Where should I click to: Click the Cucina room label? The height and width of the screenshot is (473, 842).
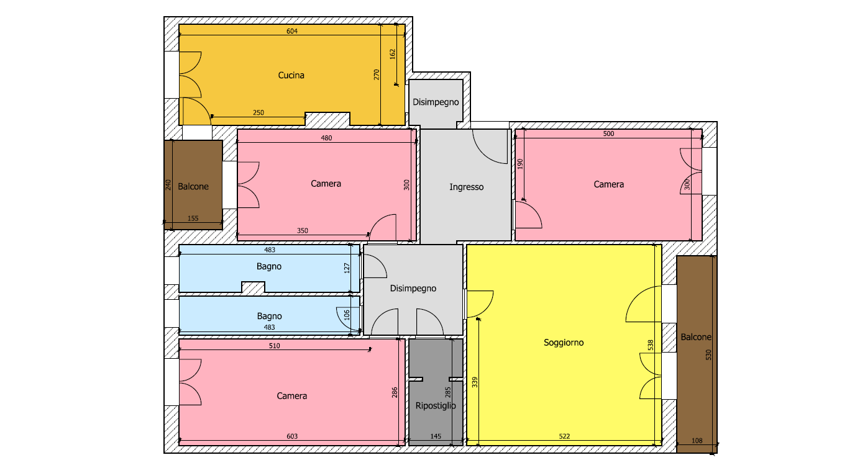[x=291, y=75]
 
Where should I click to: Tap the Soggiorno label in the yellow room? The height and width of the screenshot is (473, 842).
[x=564, y=343]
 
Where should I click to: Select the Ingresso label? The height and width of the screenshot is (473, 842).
[x=466, y=187]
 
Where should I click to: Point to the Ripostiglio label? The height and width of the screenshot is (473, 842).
[x=435, y=405]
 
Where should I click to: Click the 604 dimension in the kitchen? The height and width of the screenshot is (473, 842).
[x=291, y=31]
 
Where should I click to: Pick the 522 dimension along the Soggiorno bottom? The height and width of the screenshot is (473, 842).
[x=564, y=436]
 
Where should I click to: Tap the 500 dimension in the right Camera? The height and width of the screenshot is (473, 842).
[x=608, y=133]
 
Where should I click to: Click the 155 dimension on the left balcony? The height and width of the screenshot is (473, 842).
[x=193, y=218]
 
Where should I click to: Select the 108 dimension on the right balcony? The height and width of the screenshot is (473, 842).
[x=697, y=441]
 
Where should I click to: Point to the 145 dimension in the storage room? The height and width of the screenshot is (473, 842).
[x=435, y=436]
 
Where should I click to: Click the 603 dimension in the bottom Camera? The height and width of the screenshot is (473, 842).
[x=291, y=436]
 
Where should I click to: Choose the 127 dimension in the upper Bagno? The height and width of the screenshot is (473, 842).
[x=347, y=268]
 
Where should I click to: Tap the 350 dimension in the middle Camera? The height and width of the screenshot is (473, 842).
[x=302, y=230]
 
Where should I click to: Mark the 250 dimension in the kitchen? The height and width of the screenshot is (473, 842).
[x=259, y=112]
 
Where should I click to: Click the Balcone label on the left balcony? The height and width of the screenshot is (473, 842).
[x=193, y=187]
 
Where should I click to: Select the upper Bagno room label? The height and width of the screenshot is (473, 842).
[x=269, y=266]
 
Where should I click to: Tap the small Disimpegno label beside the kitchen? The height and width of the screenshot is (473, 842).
[x=436, y=102]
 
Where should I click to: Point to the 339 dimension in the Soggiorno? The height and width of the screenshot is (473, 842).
[x=474, y=382]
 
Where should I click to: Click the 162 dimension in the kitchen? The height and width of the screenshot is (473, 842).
[x=393, y=54]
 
